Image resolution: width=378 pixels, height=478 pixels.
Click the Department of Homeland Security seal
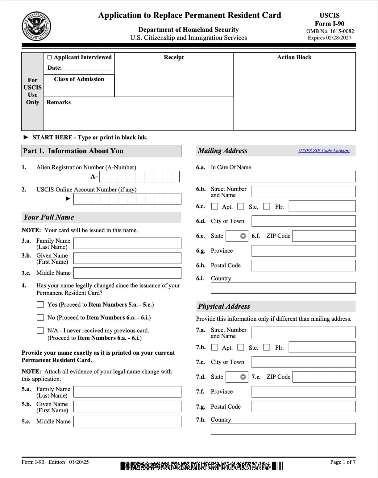tap(36, 27)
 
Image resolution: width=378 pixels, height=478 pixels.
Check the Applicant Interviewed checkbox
tap(50, 57)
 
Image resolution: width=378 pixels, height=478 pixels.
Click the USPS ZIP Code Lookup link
tap(324, 151)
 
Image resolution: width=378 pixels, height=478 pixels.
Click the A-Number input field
tap(139, 177)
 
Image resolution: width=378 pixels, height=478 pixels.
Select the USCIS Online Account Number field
tap(127, 199)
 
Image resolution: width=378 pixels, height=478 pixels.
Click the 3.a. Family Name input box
tap(127, 243)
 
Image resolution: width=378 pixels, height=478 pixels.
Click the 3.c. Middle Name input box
tap(127, 273)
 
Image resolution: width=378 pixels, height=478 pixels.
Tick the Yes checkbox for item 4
tap(40, 305)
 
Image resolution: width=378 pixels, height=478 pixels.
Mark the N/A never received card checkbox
tap(40, 331)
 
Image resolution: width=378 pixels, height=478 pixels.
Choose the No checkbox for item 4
tap(40, 318)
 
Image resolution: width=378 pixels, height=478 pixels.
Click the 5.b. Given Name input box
tap(127, 407)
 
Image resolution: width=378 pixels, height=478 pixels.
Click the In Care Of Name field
tap(283, 177)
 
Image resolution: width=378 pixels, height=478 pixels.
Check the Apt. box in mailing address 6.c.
tap(214, 206)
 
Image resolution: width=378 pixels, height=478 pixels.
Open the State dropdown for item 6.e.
tap(243, 236)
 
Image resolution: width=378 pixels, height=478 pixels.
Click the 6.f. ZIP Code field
tap(324, 236)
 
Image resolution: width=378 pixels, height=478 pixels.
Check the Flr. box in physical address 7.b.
tap(267, 347)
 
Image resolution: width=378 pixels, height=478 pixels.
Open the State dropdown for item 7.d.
tap(243, 377)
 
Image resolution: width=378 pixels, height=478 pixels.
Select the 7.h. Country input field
tap(283, 429)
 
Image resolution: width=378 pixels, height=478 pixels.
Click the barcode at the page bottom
tap(201, 466)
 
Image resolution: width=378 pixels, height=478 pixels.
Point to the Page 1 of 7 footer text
tap(343, 462)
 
